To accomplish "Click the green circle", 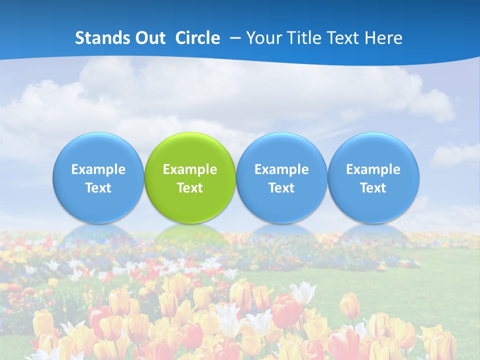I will [x=190, y=150].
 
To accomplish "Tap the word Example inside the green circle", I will [x=190, y=169].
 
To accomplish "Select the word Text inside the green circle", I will [x=190, y=188].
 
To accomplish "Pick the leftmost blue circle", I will [x=98, y=150].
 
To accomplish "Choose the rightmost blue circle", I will [x=373, y=150].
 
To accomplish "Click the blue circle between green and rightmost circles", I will [x=281, y=150].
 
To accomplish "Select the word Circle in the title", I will [x=197, y=38].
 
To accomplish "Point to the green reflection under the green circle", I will [x=190, y=235].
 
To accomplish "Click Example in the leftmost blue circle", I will [x=98, y=169].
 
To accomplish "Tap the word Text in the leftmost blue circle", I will [x=98, y=188].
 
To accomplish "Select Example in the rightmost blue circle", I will [x=373, y=169].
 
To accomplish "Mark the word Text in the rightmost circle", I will [x=373, y=188].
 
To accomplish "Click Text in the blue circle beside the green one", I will [x=281, y=188].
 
